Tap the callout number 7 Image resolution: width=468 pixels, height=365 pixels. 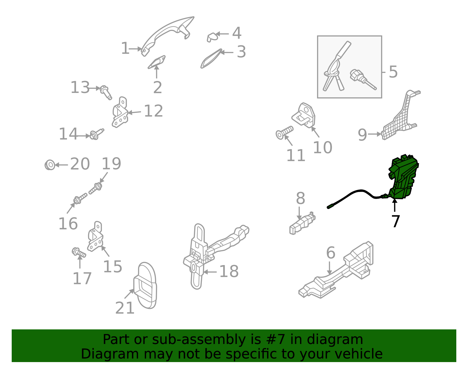pyautogui.click(x=396, y=221)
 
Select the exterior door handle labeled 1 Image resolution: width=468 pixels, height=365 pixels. pyautogui.click(x=167, y=35)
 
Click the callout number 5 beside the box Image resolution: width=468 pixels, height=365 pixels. pyautogui.click(x=393, y=72)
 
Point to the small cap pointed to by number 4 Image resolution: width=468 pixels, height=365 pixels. pyautogui.click(x=212, y=37)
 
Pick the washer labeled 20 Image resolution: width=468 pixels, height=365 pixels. pyautogui.click(x=50, y=165)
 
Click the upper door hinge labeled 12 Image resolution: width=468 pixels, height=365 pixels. pyautogui.click(x=120, y=112)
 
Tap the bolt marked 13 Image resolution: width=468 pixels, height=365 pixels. pyautogui.click(x=106, y=92)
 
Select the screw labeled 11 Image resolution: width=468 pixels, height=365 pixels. pyautogui.click(x=285, y=132)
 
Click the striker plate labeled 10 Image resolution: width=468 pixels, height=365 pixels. pyautogui.click(x=304, y=115)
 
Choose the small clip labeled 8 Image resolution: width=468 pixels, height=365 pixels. pyautogui.click(x=302, y=223)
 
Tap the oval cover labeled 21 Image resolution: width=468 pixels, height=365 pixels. pyautogui.click(x=145, y=286)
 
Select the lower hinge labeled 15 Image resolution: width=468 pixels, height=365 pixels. pyautogui.click(x=95, y=237)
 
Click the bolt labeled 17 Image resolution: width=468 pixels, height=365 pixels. pyautogui.click(x=79, y=252)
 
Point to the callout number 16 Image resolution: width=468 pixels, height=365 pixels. pyautogui.click(x=68, y=224)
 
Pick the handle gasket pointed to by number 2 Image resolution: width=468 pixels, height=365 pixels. pyautogui.click(x=156, y=62)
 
